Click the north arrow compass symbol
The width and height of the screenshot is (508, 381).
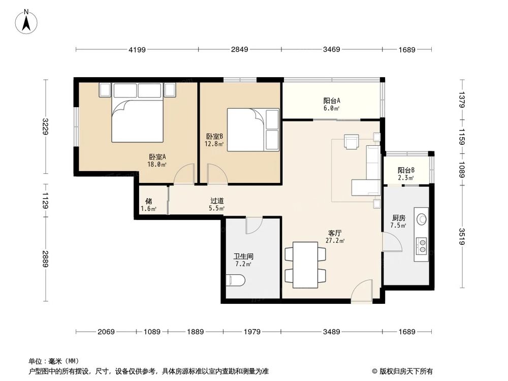(26, 21)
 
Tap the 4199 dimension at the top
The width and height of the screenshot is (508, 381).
(137, 50)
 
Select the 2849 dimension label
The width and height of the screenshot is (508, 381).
(239, 49)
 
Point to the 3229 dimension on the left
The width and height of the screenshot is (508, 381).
(46, 126)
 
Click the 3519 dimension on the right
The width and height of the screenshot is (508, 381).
(462, 237)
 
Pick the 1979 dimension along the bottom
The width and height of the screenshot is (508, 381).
(252, 331)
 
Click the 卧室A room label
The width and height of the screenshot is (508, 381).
(157, 157)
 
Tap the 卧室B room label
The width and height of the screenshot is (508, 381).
(214, 136)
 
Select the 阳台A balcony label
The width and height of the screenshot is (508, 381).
(331, 101)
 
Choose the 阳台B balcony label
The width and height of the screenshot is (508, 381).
(406, 170)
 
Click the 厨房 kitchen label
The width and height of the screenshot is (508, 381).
(398, 218)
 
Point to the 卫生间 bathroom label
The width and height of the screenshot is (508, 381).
(243, 257)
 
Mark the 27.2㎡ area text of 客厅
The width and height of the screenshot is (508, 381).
(335, 240)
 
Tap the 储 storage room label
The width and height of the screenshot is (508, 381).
(149, 201)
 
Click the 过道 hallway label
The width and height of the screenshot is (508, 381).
(217, 201)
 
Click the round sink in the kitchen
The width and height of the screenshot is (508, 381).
(422, 219)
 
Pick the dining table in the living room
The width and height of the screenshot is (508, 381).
(305, 265)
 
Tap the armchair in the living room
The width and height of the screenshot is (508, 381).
(352, 142)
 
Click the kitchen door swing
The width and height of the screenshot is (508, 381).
(393, 242)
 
